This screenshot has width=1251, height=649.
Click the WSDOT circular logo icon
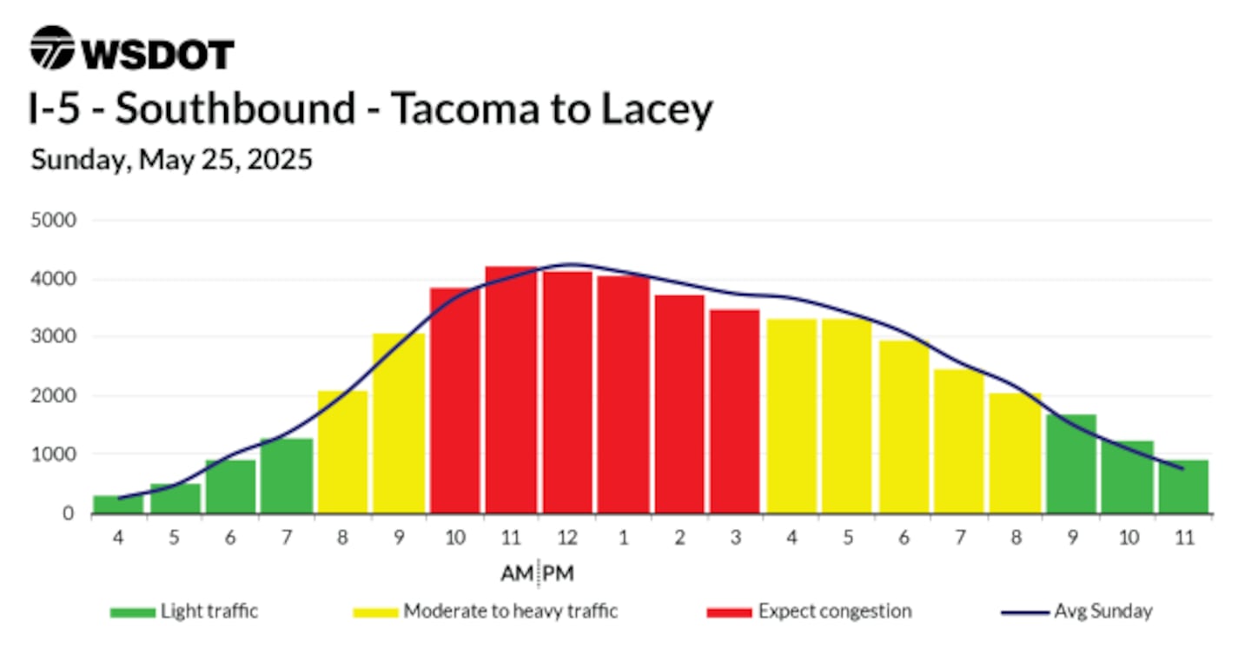click(52, 48)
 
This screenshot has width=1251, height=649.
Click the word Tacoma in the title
click(465, 108)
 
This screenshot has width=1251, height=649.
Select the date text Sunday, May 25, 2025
click(171, 160)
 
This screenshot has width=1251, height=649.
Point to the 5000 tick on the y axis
click(54, 220)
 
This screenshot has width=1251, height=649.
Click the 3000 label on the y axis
click(54, 337)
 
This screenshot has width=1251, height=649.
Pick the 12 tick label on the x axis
click(566, 537)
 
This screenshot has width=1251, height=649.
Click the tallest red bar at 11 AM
click(511, 390)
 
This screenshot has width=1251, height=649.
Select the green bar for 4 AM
click(118, 504)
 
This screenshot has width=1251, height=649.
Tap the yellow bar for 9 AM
click(399, 423)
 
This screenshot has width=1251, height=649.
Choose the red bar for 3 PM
click(735, 411)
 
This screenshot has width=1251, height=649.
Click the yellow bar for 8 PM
click(1016, 453)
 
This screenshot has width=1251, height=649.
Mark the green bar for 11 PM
click(1183, 487)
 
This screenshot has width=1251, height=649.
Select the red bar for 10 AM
click(454, 401)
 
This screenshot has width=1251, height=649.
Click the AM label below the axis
click(517, 573)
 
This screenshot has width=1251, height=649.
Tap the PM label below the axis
click(558, 573)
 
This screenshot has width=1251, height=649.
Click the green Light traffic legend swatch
click(132, 613)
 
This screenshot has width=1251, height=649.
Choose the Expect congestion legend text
click(835, 612)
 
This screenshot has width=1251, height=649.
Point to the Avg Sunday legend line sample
click(1025, 613)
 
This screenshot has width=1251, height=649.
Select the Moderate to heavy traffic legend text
click(511, 612)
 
